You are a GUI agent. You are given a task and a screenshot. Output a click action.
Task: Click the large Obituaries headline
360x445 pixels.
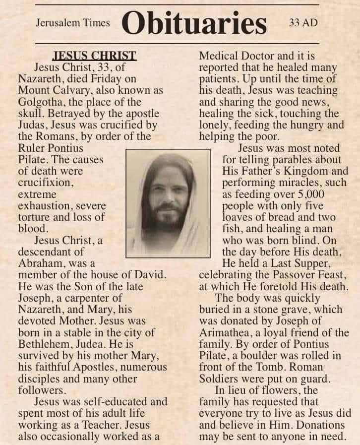pos(194,23)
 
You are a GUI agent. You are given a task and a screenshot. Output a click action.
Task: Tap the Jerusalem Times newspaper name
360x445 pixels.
pos(72,23)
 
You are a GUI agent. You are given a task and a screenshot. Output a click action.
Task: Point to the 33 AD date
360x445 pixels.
pos(303,23)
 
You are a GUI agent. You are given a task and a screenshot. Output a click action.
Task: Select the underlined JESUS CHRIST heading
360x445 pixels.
pos(94,56)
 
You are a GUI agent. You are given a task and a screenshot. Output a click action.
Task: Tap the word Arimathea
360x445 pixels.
pos(227,332)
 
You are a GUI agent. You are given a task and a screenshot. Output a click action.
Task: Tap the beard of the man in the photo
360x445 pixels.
pos(168,218)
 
